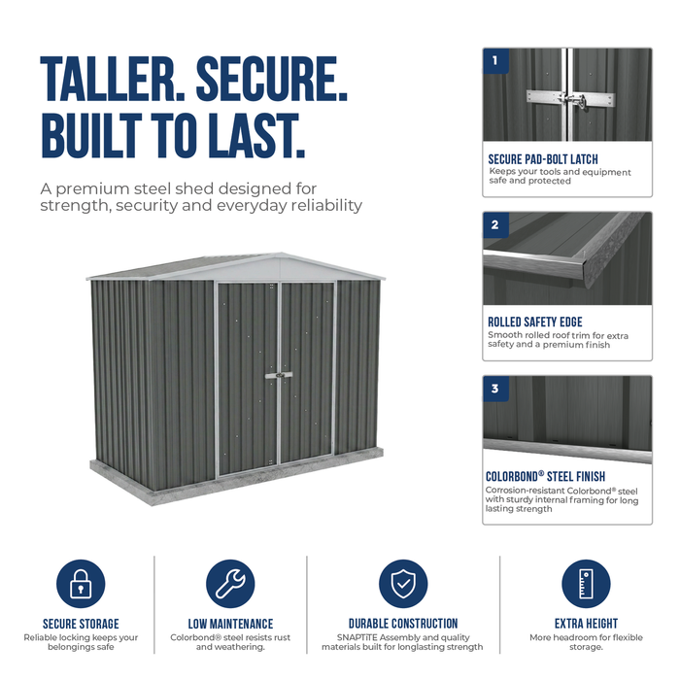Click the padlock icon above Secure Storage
pos(81,584)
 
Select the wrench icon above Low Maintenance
pos(230,584)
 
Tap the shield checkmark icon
pos(403,584)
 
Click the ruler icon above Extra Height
pos(586,584)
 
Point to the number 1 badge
pos(495,60)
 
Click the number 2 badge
pos(495,224)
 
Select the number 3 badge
pos(495,389)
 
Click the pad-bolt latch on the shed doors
pos(279,375)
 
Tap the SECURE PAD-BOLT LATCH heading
pos(543,159)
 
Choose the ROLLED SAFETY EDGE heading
pos(535,322)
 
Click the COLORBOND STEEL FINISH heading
pos(545,476)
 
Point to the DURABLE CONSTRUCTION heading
pos(403,624)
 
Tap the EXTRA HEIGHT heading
pos(586,624)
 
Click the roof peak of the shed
pos(282,254)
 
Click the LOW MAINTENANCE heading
pos(230,624)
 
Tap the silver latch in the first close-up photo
pos(571,100)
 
